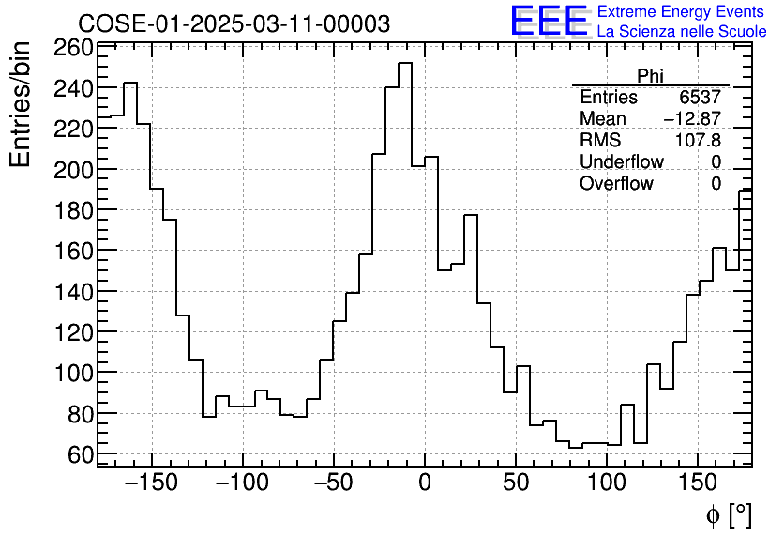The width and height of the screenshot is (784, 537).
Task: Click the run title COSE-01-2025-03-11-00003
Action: pyautogui.click(x=234, y=23)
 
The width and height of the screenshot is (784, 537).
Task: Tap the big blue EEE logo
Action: pyautogui.click(x=549, y=21)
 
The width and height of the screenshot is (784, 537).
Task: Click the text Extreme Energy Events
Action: pyautogui.click(x=682, y=12)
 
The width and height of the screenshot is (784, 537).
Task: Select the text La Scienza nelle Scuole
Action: pyautogui.click(x=682, y=32)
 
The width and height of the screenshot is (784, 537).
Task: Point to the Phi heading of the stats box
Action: pyautogui.click(x=650, y=76)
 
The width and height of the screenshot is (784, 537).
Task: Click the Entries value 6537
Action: pyautogui.click(x=701, y=98)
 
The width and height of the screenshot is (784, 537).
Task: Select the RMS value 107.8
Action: pyautogui.click(x=698, y=140)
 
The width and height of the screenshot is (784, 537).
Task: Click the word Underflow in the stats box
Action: pyautogui.click(x=621, y=161)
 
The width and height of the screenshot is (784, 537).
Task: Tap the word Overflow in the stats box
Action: pyautogui.click(x=616, y=183)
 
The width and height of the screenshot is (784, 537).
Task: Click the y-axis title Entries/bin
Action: pyautogui.click(x=21, y=103)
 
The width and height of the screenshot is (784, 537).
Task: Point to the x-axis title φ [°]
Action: pyautogui.click(x=728, y=514)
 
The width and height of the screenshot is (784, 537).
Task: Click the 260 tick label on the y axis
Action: pyautogui.click(x=73, y=48)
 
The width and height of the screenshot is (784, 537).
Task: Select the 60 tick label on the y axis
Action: pyautogui.click(x=81, y=454)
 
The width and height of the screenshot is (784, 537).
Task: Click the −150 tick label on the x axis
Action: pyautogui.click(x=151, y=483)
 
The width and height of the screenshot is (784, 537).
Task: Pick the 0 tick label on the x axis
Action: pyautogui.click(x=425, y=483)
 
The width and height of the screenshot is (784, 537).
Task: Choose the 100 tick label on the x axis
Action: pyautogui.click(x=607, y=483)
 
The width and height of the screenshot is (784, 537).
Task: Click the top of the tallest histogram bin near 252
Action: pyautogui.click(x=405, y=63)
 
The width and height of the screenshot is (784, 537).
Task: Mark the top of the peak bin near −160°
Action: pyautogui.click(x=130, y=83)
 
